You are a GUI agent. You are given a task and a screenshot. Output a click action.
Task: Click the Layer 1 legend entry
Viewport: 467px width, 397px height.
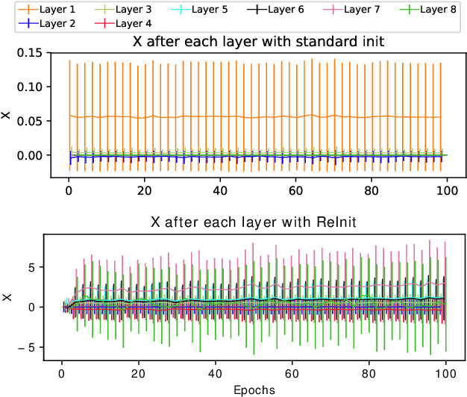(x=51, y=10)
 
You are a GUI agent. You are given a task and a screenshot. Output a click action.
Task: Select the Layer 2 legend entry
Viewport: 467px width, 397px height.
(x=51, y=23)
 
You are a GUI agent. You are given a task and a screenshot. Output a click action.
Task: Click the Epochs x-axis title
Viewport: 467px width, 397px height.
(x=254, y=390)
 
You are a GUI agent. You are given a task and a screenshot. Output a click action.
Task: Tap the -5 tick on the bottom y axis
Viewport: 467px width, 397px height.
(x=35, y=347)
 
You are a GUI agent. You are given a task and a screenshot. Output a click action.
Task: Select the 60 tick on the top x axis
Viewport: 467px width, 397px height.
(x=295, y=190)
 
